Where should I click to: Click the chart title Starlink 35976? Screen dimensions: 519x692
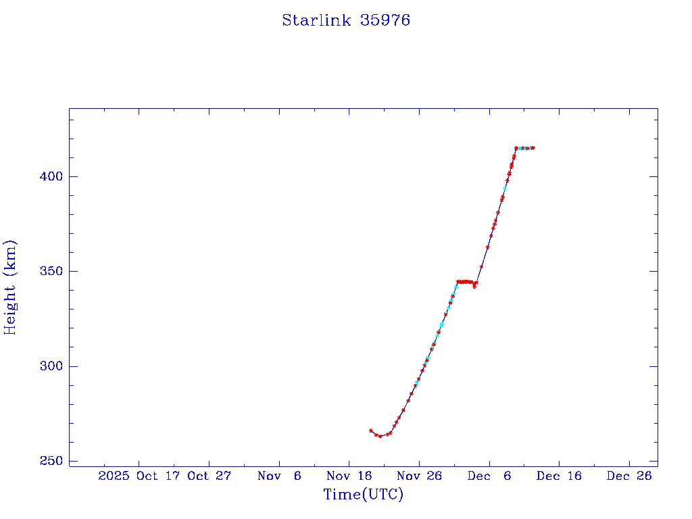pos(346,20)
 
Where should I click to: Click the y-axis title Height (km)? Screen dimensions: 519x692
pos(10,287)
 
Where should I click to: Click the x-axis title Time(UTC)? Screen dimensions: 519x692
pos(363,495)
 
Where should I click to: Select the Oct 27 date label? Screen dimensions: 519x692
pos(209,476)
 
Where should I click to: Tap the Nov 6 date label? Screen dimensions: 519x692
pos(279,476)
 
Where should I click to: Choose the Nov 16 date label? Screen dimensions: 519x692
pos(349,476)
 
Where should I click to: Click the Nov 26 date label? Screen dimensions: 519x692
pos(419,476)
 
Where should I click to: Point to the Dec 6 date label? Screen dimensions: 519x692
pos(489,476)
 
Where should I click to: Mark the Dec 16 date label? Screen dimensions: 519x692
pos(559,476)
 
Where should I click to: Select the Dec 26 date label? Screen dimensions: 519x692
pos(629,476)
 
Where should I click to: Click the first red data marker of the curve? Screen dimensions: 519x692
pos(371,430)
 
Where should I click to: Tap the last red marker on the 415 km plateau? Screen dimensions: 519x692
pos(533,147)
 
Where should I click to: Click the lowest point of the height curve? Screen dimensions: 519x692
pos(380,437)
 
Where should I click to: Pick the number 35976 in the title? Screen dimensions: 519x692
pos(385,20)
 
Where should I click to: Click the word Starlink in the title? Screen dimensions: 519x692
pos(316,20)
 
